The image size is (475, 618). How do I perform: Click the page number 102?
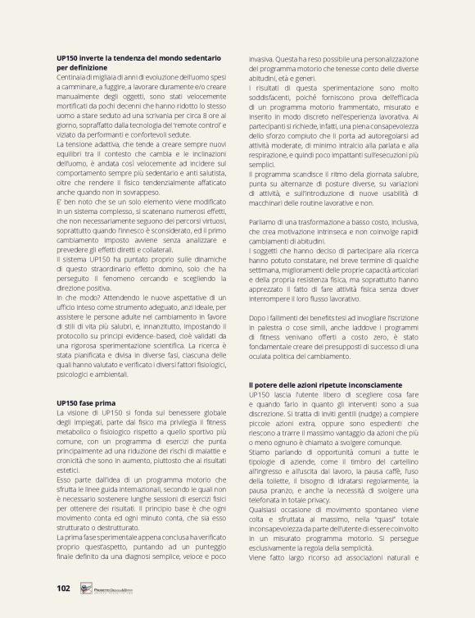pos(63,588)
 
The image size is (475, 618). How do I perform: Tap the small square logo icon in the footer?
pos(85,588)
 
